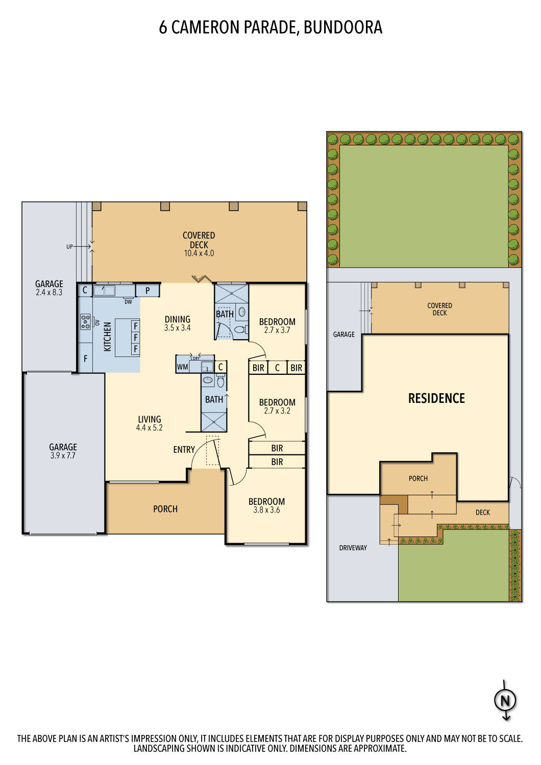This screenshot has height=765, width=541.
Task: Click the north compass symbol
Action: pyautogui.click(x=505, y=701)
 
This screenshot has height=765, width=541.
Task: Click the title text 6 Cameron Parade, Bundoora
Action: pyautogui.click(x=270, y=28)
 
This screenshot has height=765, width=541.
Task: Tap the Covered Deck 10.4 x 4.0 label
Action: pyautogui.click(x=199, y=244)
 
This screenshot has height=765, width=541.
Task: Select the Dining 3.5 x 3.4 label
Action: pyautogui.click(x=177, y=323)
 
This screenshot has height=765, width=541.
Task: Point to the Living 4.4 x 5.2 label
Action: pyautogui.click(x=149, y=423)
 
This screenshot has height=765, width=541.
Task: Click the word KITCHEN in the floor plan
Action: pyautogui.click(x=108, y=337)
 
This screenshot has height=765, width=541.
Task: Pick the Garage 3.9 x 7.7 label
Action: pyautogui.click(x=63, y=451)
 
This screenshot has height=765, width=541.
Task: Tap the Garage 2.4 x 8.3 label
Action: pyautogui.click(x=49, y=288)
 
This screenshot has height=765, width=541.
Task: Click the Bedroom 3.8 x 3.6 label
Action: pyautogui.click(x=266, y=505)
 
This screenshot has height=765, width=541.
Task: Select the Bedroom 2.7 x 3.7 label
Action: pyautogui.click(x=277, y=325)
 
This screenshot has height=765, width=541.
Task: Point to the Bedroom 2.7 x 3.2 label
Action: pyautogui.click(x=277, y=406)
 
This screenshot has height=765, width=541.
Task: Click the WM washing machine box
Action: pyautogui.click(x=182, y=367)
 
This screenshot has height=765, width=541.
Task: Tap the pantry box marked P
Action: pyautogui.click(x=147, y=291)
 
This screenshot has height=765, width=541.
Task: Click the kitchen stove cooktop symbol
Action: pyautogui.click(x=85, y=322)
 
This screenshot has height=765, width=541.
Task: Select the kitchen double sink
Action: pyautogui.click(x=104, y=291)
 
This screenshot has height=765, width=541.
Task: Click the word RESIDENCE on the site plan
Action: pyautogui.click(x=436, y=398)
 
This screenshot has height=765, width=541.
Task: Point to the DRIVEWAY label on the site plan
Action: pyautogui.click(x=353, y=548)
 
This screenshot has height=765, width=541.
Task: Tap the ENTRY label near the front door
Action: pyautogui.click(x=184, y=449)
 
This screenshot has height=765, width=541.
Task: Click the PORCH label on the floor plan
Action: pyautogui.click(x=165, y=509)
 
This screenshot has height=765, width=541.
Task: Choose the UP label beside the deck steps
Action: pyautogui.click(x=69, y=247)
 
